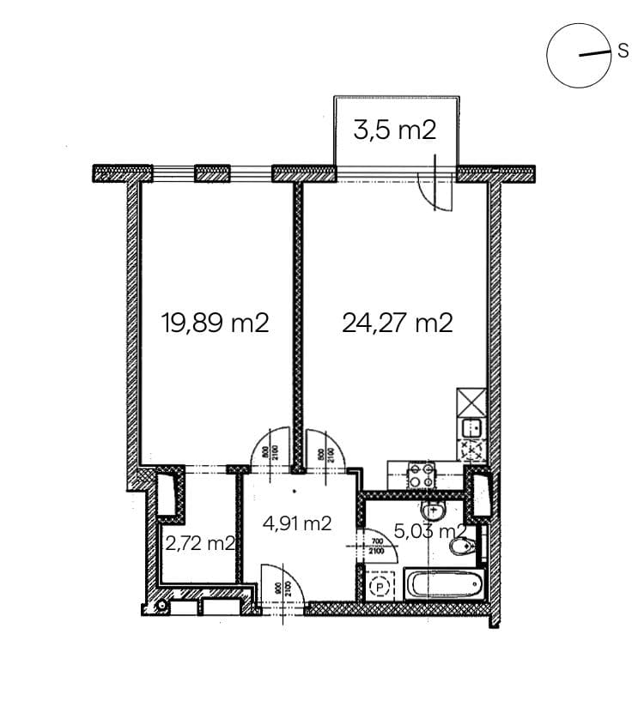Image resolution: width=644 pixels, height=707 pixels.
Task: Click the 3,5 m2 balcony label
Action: click(395, 130)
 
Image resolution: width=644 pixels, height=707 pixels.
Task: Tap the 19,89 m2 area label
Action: click(216, 323)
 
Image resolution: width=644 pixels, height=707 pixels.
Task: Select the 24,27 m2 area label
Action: click(397, 323)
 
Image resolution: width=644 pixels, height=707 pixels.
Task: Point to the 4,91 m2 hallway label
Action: click(296, 523)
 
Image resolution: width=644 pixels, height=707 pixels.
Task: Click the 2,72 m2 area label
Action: click(200, 543)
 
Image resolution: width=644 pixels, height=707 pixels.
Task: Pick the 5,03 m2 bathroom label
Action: click(430, 532)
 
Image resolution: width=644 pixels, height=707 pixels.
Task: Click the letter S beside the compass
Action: click(623, 51)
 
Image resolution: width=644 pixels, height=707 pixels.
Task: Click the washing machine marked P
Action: click(379, 586)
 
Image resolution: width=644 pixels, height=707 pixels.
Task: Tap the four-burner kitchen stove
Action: click(421, 475)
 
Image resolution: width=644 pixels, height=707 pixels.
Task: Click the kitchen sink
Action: click(471, 426)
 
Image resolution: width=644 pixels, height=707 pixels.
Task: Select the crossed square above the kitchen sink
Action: click(471, 402)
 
